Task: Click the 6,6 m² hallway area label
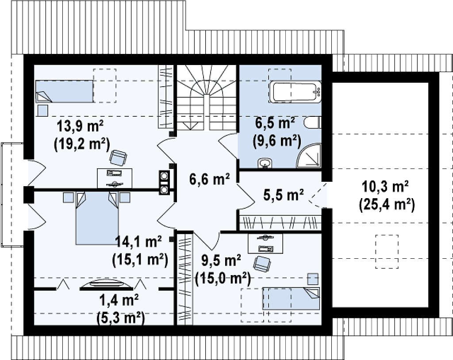[x=209, y=180]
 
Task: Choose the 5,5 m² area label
[x=284, y=195]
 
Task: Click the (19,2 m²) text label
[x=82, y=143]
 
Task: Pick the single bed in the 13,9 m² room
[x=64, y=91]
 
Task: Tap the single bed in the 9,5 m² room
[x=291, y=299]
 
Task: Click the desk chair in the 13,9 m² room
[x=118, y=158]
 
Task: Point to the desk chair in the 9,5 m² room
[x=262, y=264]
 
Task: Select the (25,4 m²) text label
[x=387, y=205]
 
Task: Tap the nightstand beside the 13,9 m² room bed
[x=43, y=111]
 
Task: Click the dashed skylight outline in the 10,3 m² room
[x=387, y=251]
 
